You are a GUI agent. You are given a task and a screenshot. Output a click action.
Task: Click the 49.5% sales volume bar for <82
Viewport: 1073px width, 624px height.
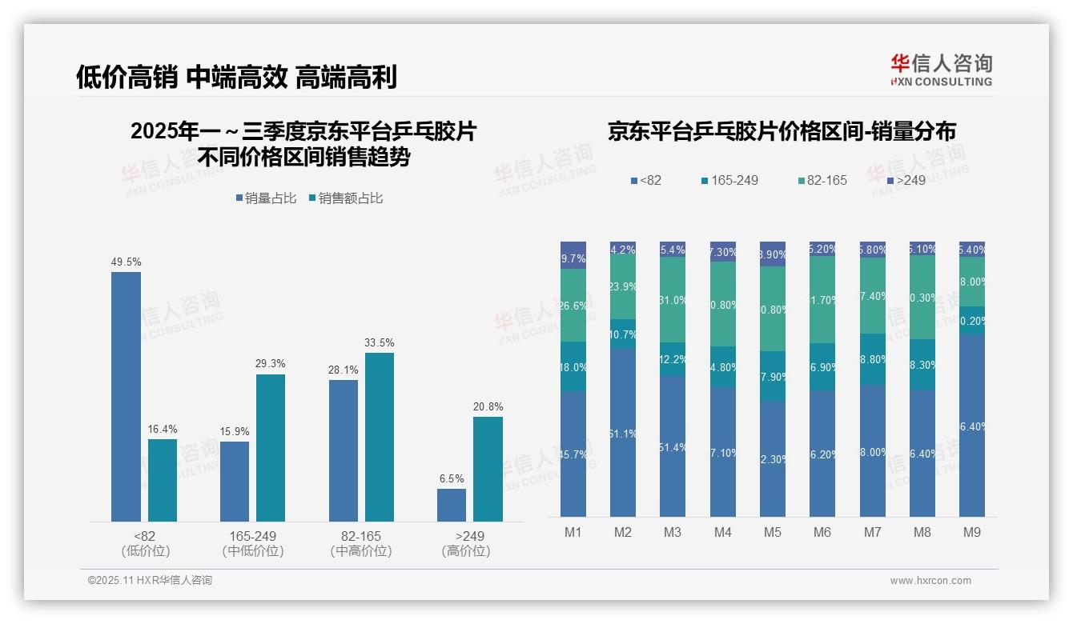(126, 397)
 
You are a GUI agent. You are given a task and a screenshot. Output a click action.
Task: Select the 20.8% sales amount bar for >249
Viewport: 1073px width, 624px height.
(488, 469)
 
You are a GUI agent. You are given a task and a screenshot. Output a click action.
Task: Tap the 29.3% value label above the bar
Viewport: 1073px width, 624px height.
(271, 364)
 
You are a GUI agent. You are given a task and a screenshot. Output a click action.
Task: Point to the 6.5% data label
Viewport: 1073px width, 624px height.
(452, 478)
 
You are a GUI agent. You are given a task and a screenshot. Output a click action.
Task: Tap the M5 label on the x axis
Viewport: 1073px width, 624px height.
(772, 532)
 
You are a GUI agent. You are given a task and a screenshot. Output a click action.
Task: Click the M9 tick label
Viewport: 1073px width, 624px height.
(971, 532)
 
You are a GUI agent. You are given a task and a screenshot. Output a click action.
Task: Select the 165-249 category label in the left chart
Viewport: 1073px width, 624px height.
(253, 536)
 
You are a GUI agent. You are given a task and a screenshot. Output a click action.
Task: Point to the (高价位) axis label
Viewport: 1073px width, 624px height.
(465, 551)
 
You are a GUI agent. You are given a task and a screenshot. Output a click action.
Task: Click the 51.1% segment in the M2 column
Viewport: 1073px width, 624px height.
(623, 432)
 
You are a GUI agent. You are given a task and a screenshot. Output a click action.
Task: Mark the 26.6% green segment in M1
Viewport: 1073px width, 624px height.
(573, 305)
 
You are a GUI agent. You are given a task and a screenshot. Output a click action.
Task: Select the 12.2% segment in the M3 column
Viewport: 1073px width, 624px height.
(673, 359)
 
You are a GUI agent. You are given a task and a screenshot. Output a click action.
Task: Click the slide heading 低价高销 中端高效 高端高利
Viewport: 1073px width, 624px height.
(236, 77)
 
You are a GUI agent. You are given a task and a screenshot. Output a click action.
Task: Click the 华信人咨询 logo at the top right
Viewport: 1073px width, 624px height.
(941, 70)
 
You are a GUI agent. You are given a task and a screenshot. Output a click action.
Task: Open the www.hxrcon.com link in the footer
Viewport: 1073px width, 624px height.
(930, 581)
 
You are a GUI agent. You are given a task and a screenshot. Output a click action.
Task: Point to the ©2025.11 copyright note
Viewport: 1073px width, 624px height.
(150, 581)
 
